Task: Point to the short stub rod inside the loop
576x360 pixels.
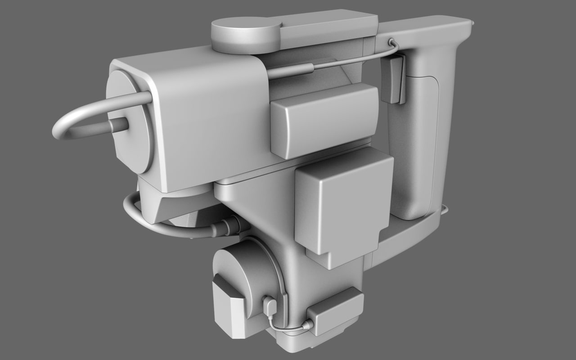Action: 118,125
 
